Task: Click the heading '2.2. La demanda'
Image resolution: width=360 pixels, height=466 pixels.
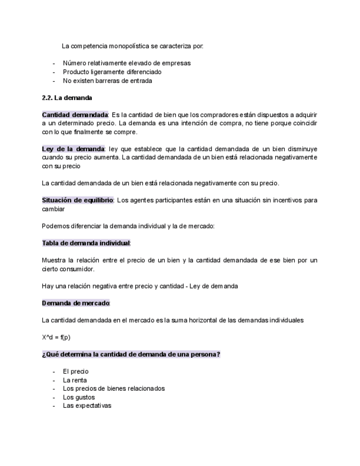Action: point(67,98)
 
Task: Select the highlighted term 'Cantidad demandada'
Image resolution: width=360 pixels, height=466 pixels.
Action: point(75,115)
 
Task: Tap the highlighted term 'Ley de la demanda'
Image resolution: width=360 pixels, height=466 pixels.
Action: point(73,149)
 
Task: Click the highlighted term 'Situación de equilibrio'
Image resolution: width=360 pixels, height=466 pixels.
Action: point(77,200)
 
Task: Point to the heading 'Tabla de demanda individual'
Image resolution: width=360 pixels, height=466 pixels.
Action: point(86,243)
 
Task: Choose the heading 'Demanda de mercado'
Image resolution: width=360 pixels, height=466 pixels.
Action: point(75,303)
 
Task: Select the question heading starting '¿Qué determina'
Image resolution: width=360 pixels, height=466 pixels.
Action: point(131,354)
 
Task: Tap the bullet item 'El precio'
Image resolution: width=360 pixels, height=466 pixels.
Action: point(75,371)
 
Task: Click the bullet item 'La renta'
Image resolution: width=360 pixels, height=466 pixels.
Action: point(75,380)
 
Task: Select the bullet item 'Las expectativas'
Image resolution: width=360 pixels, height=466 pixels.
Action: point(87,406)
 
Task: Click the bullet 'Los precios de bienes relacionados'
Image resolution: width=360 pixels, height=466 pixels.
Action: point(114,389)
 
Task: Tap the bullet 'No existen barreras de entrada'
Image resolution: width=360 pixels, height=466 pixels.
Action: point(107,80)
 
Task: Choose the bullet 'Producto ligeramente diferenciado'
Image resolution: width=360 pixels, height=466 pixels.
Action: point(112,72)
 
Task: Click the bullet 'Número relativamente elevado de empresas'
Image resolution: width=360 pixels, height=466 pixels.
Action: point(126,63)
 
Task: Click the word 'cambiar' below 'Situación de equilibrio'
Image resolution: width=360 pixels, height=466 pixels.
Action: point(53,209)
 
